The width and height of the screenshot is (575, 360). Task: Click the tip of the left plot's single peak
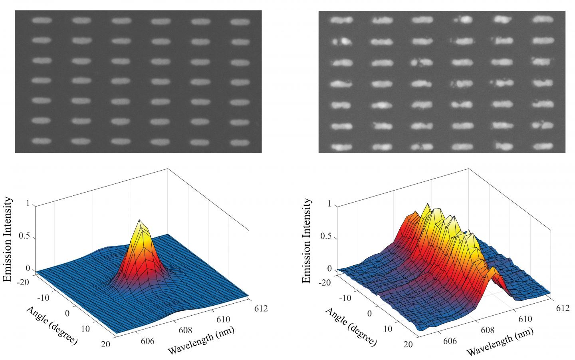point(139,220)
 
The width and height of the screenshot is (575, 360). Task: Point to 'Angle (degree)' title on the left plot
point(52,326)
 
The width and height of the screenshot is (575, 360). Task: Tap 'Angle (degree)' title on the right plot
point(351,326)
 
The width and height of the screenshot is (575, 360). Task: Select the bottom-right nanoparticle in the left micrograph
point(240,141)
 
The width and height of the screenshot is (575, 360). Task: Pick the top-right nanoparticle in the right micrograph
point(543,19)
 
